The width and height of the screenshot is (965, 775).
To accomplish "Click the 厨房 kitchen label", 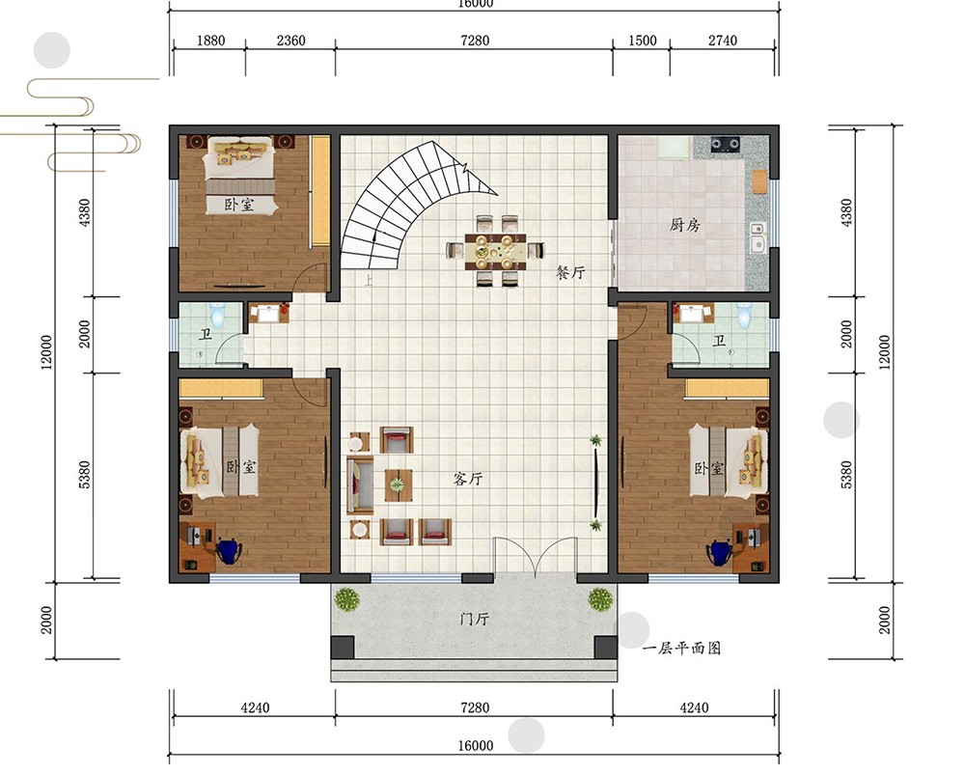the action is click(684, 225).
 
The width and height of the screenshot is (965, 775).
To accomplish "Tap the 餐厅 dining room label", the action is click(570, 272).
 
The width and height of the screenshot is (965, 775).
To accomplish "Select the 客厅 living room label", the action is click(468, 479).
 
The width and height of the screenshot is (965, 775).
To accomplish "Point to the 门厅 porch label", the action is click(475, 618).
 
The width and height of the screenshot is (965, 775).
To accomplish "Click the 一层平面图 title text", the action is click(681, 649).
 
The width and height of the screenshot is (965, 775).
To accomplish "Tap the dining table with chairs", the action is click(495, 251).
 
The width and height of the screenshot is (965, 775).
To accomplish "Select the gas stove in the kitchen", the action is click(725, 145).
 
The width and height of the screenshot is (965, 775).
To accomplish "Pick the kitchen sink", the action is click(758, 237).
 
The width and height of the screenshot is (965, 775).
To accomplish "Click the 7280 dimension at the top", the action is click(475, 41).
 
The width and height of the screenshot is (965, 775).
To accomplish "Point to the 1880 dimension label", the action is click(210, 41).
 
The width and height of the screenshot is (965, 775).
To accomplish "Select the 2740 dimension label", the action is click(722, 41).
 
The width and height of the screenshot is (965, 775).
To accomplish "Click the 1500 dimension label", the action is click(642, 41).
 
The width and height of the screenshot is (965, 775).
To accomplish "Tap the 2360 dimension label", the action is click(290, 41).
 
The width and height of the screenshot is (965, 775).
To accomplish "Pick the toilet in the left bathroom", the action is click(216, 315).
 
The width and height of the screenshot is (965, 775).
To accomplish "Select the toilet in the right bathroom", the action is click(743, 315).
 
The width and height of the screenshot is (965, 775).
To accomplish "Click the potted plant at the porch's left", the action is click(347, 599).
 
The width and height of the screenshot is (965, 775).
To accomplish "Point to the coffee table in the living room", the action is click(399, 485).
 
